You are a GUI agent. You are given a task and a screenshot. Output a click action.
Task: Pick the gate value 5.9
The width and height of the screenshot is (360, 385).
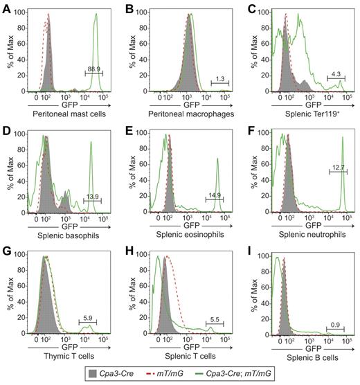point(88,319)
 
